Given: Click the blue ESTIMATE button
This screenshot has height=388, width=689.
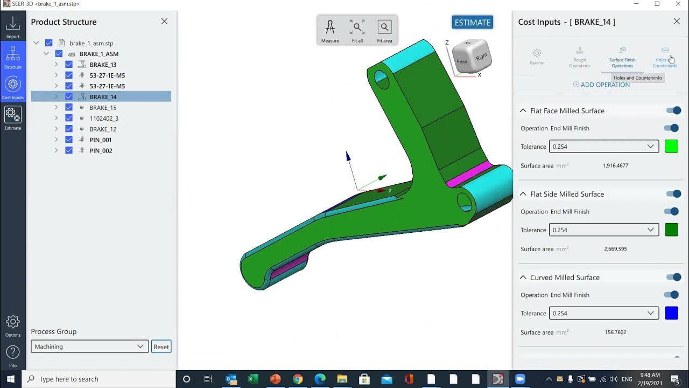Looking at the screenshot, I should coord(473,23).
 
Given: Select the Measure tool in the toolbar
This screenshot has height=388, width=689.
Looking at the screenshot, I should coord(330,31).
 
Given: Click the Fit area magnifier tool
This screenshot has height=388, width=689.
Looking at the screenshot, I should coord(384,31).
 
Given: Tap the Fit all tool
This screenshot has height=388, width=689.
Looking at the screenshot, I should coord(357,31).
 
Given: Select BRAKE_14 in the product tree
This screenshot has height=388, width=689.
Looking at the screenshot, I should coord(103,97).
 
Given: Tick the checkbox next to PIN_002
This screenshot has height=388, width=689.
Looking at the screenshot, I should coord(69,150).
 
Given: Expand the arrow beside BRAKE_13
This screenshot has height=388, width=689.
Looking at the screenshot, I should coord(56,65).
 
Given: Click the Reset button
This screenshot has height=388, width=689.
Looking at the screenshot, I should coord(161,347).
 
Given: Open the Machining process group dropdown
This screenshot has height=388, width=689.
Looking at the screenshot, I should coord(89,347).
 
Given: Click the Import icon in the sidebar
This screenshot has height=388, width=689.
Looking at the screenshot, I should coord(13,26).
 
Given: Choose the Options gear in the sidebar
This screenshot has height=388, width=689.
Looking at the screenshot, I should coord(13,325).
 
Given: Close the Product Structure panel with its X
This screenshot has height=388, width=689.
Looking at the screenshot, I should coord(164,22).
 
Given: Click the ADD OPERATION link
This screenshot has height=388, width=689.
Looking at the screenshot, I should coord(601,85).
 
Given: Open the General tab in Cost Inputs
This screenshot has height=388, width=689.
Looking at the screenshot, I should coord(537,56).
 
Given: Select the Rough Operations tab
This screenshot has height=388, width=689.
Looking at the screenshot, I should coord(579,56).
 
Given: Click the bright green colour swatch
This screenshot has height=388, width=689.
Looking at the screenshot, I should coord(671,147).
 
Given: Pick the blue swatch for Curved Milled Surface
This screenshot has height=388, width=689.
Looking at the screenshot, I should coord(671,313).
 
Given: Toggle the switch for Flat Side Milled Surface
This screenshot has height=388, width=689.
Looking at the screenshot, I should coord(673,194).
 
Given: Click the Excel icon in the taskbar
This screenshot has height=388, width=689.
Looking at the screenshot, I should coord(254,379).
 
